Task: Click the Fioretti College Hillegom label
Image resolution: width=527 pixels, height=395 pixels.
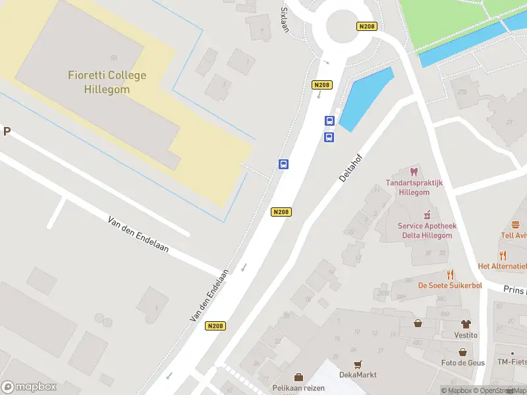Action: pyautogui.click(x=107, y=82)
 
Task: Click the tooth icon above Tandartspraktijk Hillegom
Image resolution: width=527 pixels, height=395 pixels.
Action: pyautogui.click(x=414, y=172)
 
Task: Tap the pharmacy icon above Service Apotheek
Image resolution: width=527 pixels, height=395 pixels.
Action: pyautogui.click(x=426, y=214)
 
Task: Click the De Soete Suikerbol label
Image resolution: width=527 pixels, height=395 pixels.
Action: pyautogui.click(x=450, y=286)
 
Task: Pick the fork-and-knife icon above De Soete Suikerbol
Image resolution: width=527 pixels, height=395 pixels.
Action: pyautogui.click(x=451, y=274)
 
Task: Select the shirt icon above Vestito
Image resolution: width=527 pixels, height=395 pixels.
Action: pyautogui.click(x=466, y=324)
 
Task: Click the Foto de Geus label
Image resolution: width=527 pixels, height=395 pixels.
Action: pyautogui.click(x=462, y=363)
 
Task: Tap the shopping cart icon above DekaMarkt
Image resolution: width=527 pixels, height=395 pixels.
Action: pyautogui.click(x=358, y=364)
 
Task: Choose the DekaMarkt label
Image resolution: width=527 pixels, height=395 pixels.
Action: pyautogui.click(x=357, y=375)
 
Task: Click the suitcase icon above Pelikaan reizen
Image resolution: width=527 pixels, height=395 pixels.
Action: pyautogui.click(x=298, y=377)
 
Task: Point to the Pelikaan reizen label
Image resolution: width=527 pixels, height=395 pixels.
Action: pyautogui.click(x=298, y=388)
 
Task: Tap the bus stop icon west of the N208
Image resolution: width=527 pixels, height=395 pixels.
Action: pyautogui.click(x=283, y=165)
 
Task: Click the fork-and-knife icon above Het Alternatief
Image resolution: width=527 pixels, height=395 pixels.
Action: pyautogui.click(x=503, y=255)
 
